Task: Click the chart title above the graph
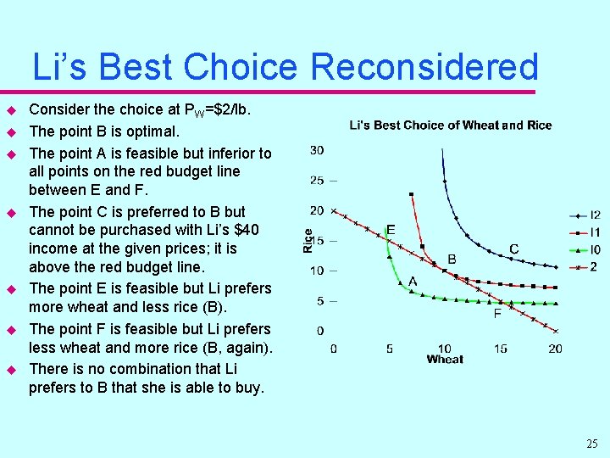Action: point(450,126)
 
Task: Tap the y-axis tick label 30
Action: point(317,150)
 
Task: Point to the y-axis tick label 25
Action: point(317,180)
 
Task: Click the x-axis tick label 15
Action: point(500,349)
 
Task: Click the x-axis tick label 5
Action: point(389,349)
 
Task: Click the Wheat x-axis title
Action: point(445,360)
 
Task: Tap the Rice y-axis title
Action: point(308,240)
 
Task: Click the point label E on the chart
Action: point(391,230)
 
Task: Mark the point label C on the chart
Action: point(513,249)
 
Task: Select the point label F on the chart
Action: point(497,313)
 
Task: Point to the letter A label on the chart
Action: point(413,281)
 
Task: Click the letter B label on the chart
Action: point(452,259)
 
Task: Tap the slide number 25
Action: point(591,444)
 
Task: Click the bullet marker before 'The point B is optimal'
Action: point(12,132)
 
